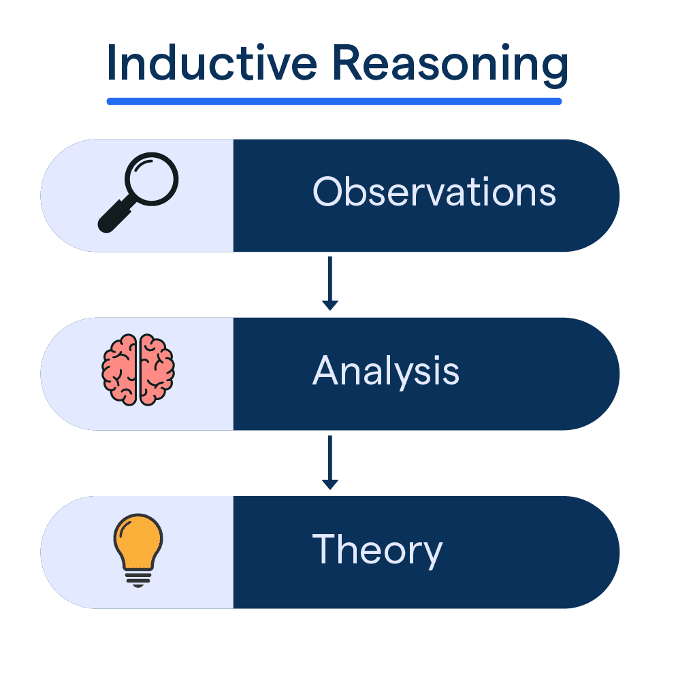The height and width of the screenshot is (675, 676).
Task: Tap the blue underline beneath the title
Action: (334, 101)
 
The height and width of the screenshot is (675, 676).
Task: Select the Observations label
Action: (434, 193)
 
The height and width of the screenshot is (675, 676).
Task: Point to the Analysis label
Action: (386, 372)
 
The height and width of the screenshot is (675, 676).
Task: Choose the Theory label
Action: (377, 550)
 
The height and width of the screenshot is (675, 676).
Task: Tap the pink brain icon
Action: (138, 370)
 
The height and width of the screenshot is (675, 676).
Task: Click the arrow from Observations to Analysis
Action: (330, 282)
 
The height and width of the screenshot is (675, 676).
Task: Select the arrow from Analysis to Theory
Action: (330, 461)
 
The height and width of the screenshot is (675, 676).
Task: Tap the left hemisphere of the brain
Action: (120, 370)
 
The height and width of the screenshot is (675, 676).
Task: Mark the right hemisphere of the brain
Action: (157, 370)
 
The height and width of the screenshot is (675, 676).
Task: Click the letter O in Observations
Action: (326, 193)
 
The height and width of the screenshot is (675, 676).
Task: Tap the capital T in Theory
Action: (324, 549)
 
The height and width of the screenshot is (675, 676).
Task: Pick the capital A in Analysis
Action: (325, 371)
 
